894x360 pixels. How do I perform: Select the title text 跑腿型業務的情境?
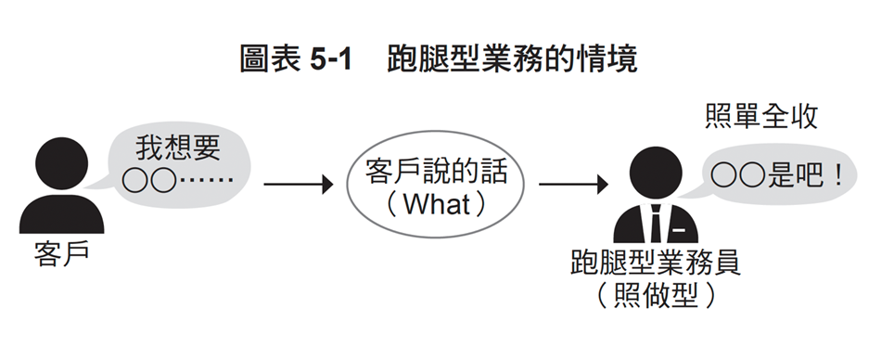click(511, 62)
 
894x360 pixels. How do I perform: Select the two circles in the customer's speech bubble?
click(149, 180)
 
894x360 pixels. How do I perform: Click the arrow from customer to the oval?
click(298, 185)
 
